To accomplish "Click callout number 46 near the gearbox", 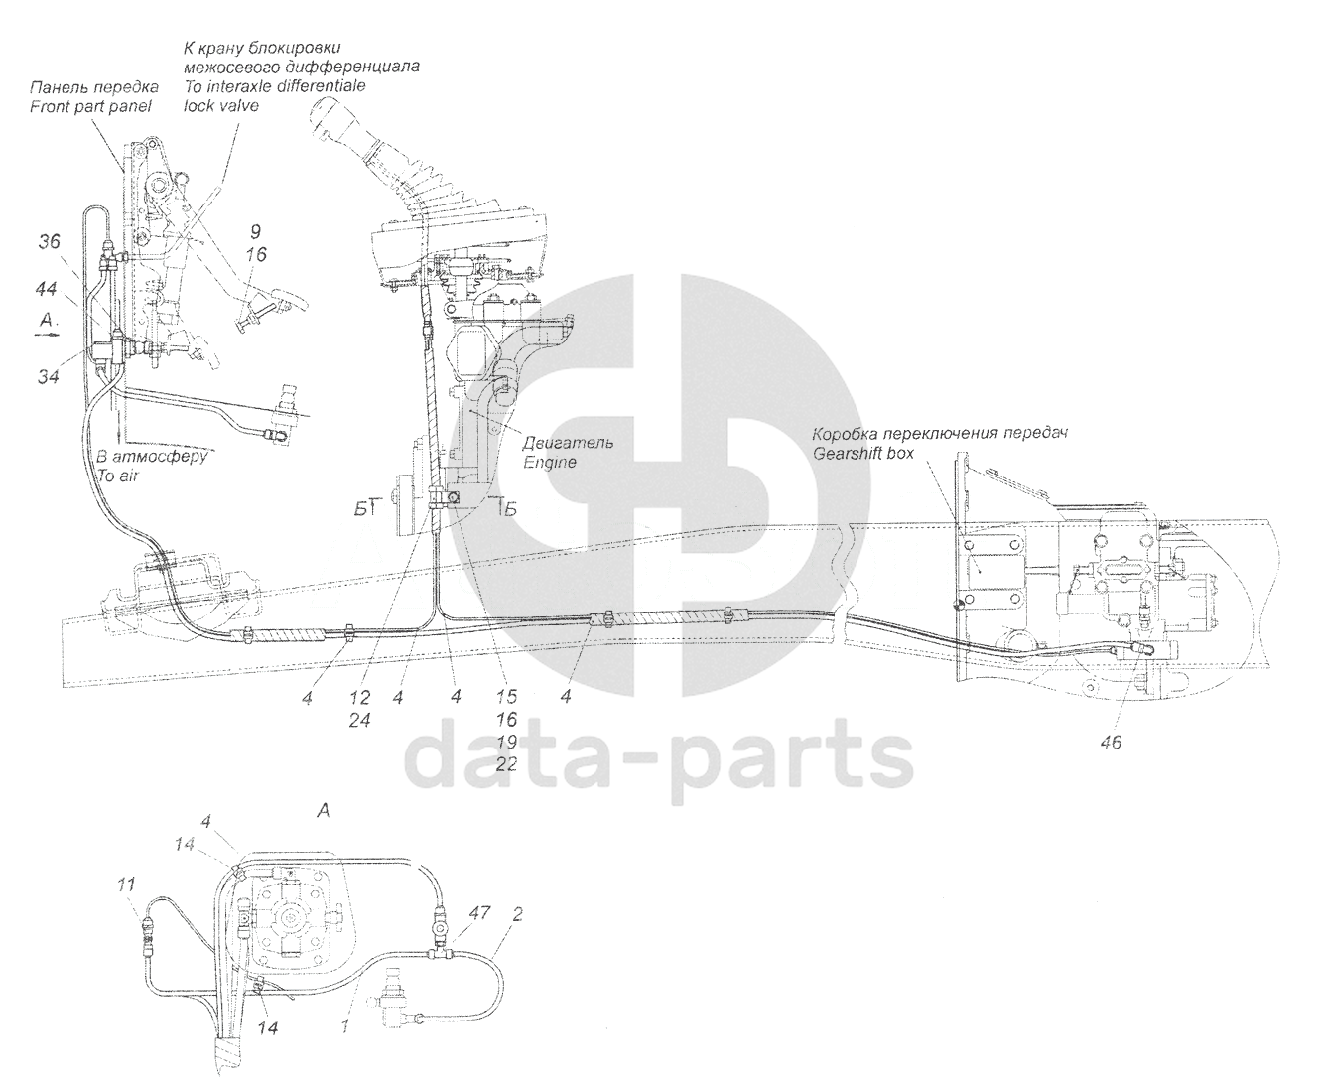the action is coord(1111,741).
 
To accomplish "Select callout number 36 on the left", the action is coord(50,240).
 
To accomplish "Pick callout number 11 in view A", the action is coord(124,882).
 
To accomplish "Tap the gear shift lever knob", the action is coord(336,125).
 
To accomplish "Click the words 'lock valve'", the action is coord(221,105).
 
